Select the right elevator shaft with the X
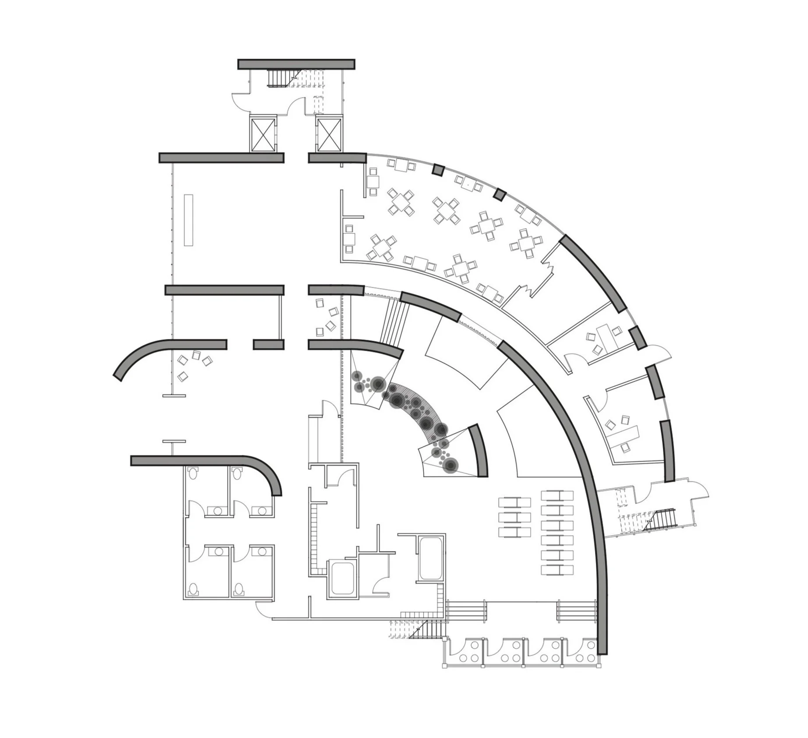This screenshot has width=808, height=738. [x=329, y=134]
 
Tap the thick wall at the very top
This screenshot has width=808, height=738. [x=296, y=64]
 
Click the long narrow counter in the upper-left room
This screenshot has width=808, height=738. [x=189, y=220]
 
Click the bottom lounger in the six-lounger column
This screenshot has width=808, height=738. [x=557, y=570]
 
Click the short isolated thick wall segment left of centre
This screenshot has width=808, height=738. [x=269, y=344]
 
